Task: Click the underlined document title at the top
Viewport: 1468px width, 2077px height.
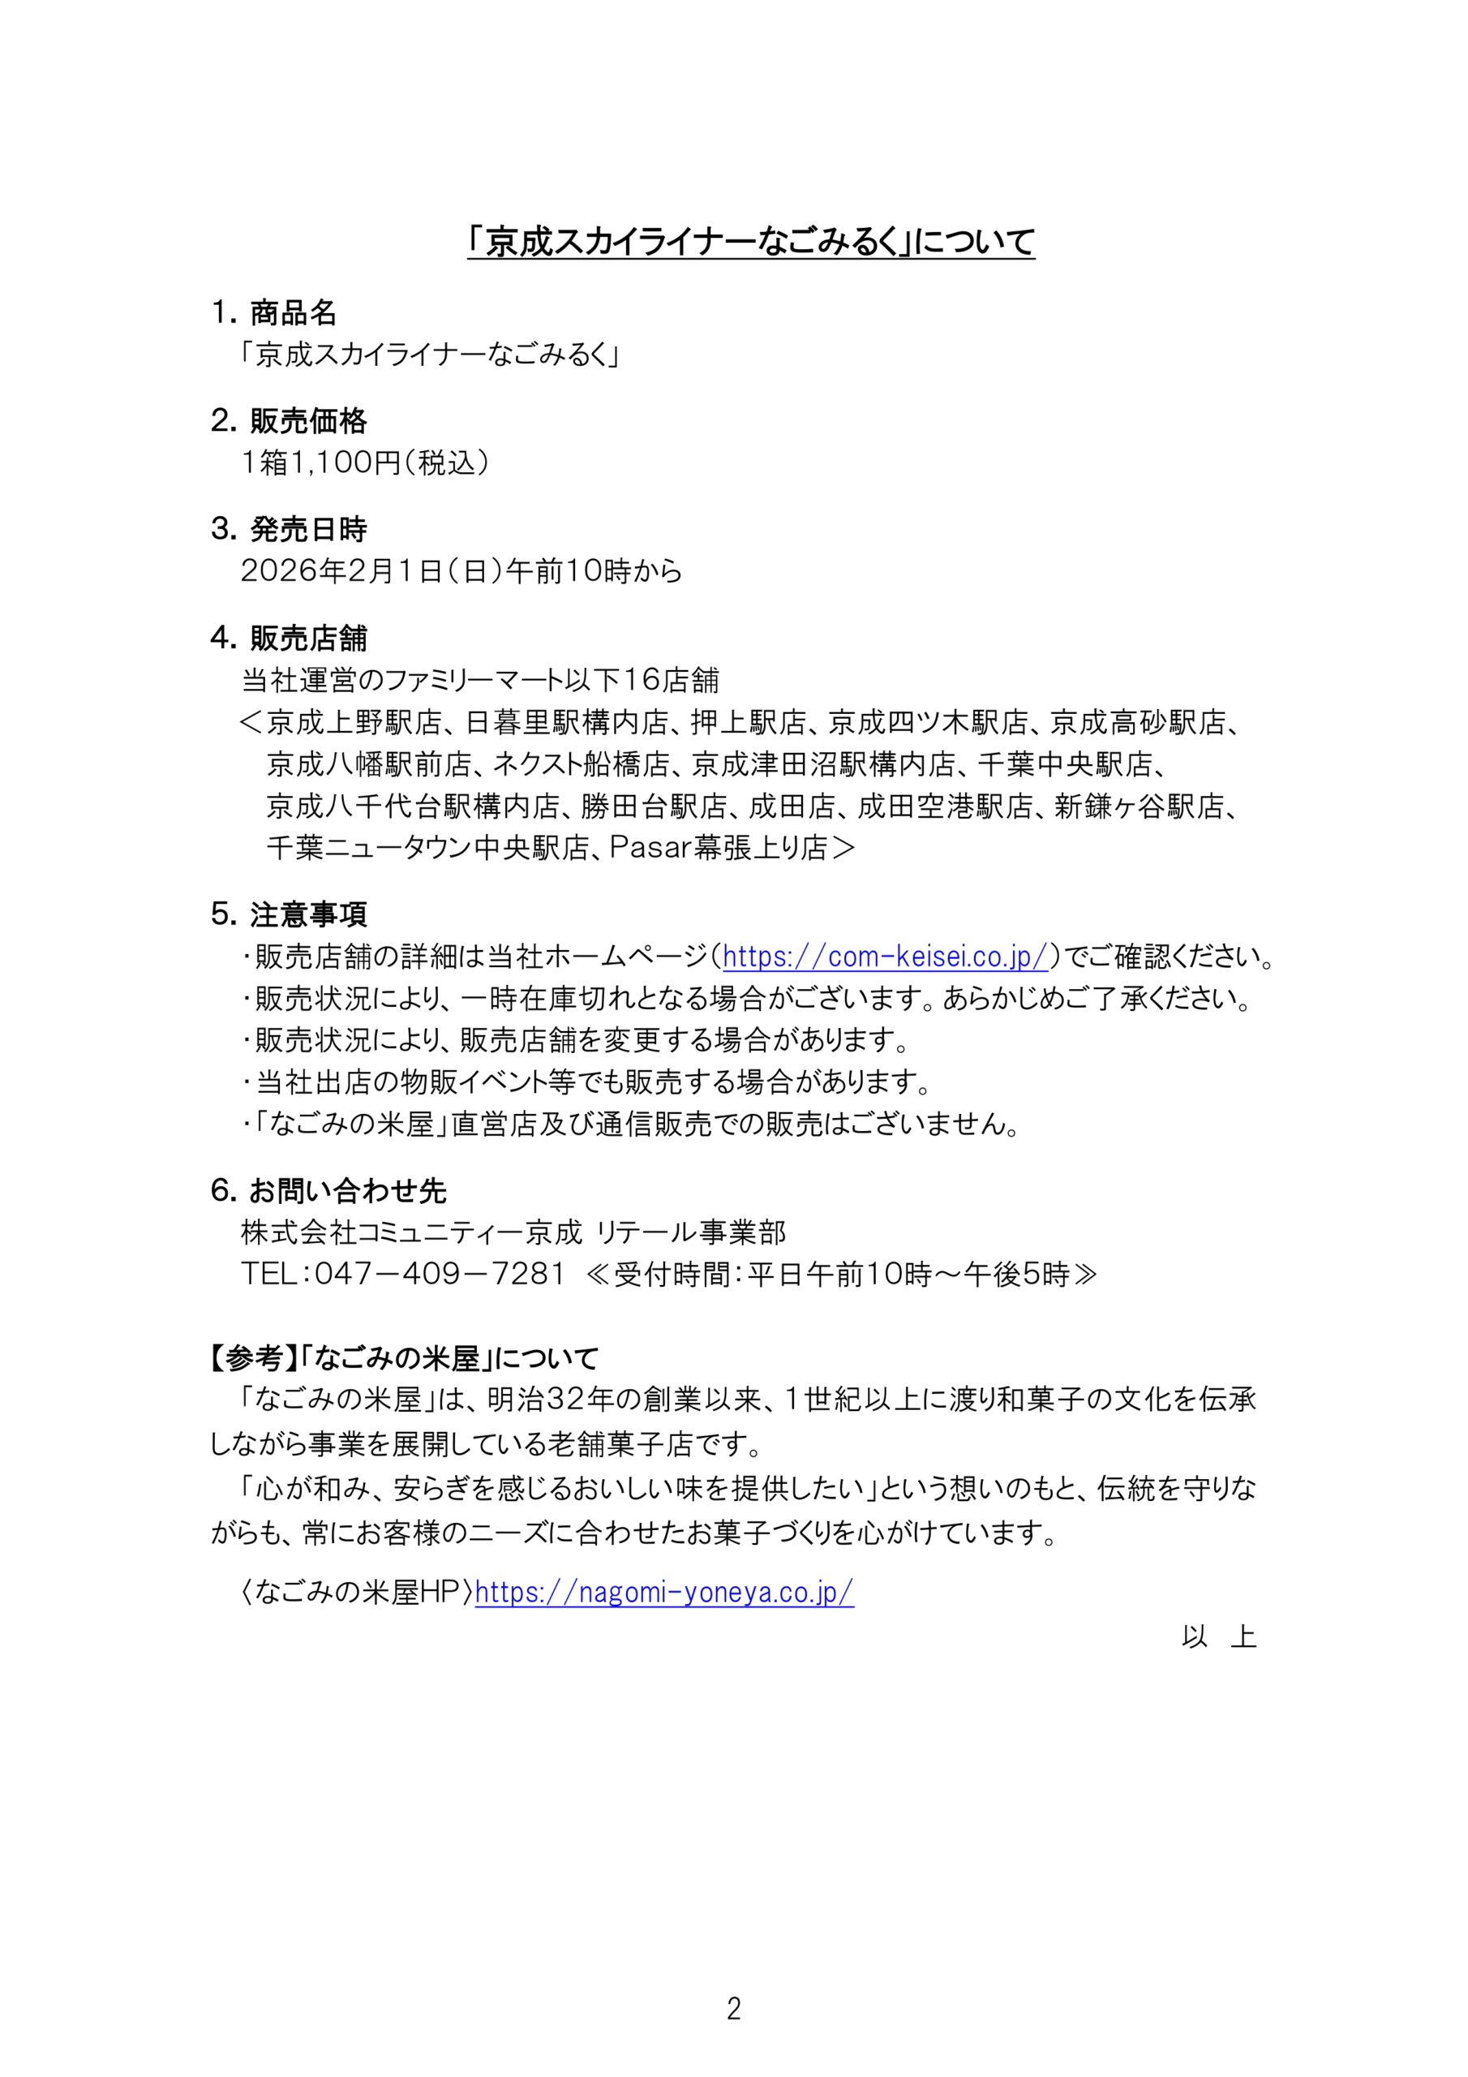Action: (751, 243)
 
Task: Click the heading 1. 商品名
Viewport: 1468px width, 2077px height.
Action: (273, 313)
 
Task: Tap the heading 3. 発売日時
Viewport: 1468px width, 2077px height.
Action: (289, 529)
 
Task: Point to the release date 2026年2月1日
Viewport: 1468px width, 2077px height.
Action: (340, 571)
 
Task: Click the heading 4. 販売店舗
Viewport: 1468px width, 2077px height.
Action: (289, 639)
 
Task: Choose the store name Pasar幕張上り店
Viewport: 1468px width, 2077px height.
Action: (719, 848)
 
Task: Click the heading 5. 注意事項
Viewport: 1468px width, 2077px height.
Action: (289, 914)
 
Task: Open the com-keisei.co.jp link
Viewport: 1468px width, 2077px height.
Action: (886, 957)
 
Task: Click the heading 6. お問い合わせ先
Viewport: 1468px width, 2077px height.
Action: (328, 1191)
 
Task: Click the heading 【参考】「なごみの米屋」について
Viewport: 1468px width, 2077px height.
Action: (405, 1358)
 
